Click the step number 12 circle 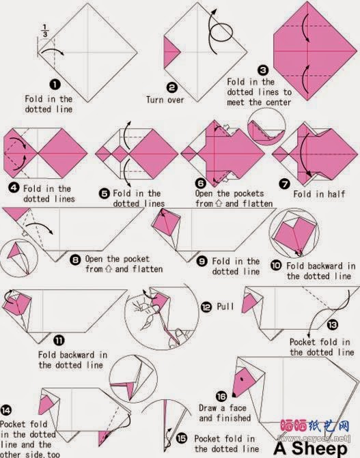[206, 306]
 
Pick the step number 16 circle [221, 396]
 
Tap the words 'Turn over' [165, 100]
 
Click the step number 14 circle [6, 410]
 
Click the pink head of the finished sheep [243, 382]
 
